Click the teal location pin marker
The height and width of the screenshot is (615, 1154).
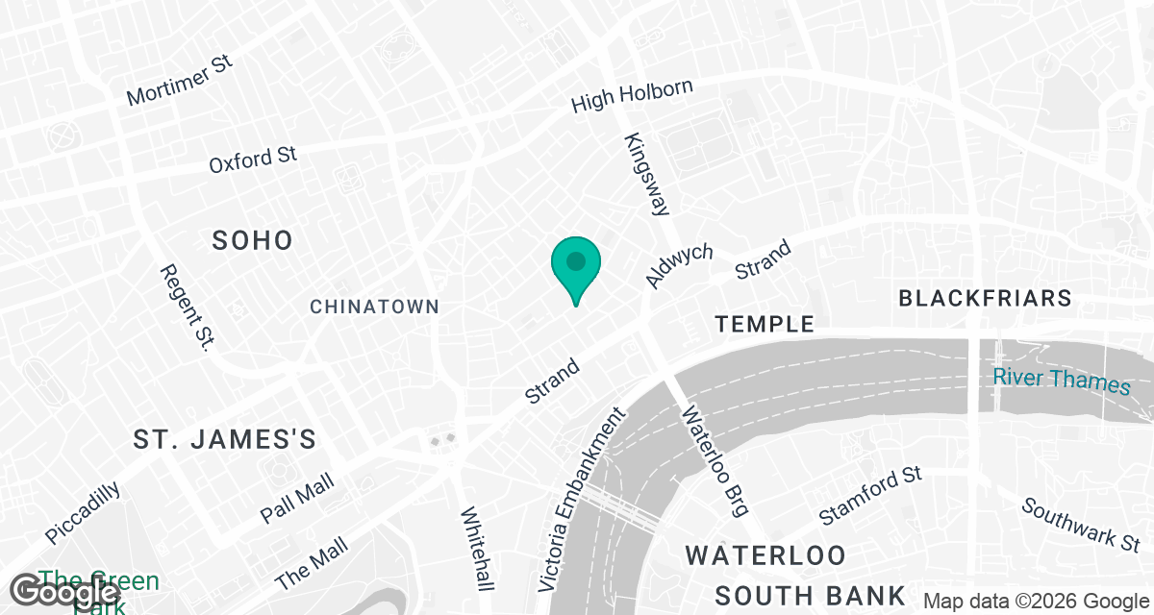(576, 264)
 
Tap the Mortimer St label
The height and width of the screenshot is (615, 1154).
(180, 82)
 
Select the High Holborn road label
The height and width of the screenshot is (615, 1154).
(632, 95)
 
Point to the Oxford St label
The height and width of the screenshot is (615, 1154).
(253, 160)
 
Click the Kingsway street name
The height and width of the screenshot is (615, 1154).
(646, 173)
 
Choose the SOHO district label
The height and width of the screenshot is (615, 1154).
(253, 240)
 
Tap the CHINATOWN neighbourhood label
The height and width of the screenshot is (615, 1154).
(374, 307)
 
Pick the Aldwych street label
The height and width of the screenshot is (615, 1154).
(680, 265)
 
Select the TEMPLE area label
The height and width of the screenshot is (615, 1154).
(765, 325)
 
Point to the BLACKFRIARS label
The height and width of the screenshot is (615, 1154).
(985, 298)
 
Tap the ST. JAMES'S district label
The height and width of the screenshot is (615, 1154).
(225, 440)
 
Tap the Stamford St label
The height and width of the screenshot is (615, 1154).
(870, 497)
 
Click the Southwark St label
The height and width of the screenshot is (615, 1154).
(1082, 525)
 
